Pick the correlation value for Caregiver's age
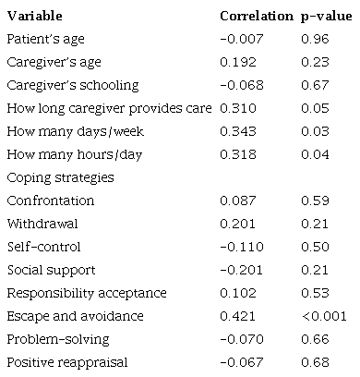pos(236,63)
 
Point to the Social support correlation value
pos(239,270)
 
